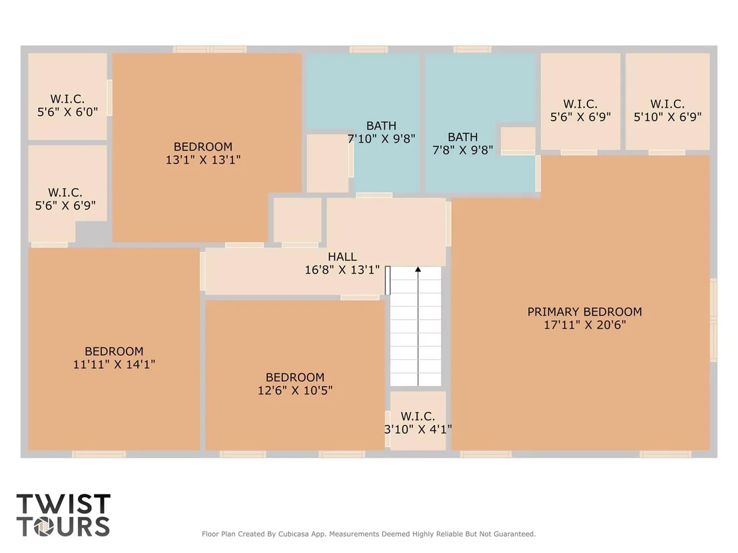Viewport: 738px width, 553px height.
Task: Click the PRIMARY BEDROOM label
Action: click(585, 311)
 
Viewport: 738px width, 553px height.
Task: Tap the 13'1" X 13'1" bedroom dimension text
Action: click(203, 160)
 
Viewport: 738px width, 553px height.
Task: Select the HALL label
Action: click(342, 257)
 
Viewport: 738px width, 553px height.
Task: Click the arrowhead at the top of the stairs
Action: click(418, 270)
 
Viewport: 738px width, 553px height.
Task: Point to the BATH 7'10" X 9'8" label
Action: click(381, 132)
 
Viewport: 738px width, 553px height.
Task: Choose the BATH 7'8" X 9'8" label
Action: click(463, 144)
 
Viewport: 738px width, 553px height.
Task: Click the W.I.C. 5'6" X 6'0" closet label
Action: click(67, 105)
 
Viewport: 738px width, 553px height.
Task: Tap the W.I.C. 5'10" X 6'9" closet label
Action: click(667, 110)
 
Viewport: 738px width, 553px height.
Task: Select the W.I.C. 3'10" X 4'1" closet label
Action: click(418, 423)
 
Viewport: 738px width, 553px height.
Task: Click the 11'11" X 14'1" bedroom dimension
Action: click(114, 365)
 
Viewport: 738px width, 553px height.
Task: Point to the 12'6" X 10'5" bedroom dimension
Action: click(295, 391)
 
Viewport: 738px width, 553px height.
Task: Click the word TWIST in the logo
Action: click(63, 504)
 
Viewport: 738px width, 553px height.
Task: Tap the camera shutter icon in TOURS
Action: click(46, 526)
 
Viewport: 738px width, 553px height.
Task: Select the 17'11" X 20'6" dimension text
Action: click(585, 325)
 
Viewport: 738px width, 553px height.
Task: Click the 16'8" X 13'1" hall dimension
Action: click(342, 270)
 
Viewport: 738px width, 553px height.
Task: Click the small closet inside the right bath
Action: click(518, 138)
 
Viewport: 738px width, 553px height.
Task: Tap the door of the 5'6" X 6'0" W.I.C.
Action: click(110, 98)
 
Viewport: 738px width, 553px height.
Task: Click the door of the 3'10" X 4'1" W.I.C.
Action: click(388, 429)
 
